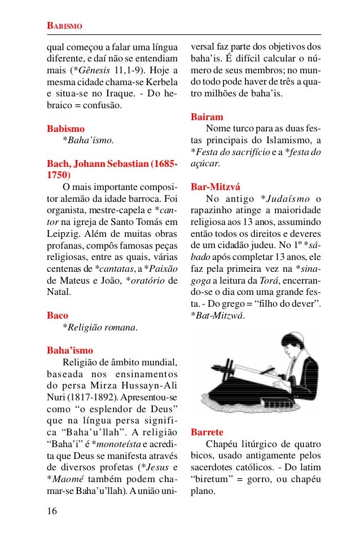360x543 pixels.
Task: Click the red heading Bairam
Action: [207, 117]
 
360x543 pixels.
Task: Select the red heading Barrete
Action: [207, 432]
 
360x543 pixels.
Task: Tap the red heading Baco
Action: [58, 315]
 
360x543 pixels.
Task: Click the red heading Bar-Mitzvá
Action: [215, 187]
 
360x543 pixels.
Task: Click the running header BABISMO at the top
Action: [64, 27]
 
